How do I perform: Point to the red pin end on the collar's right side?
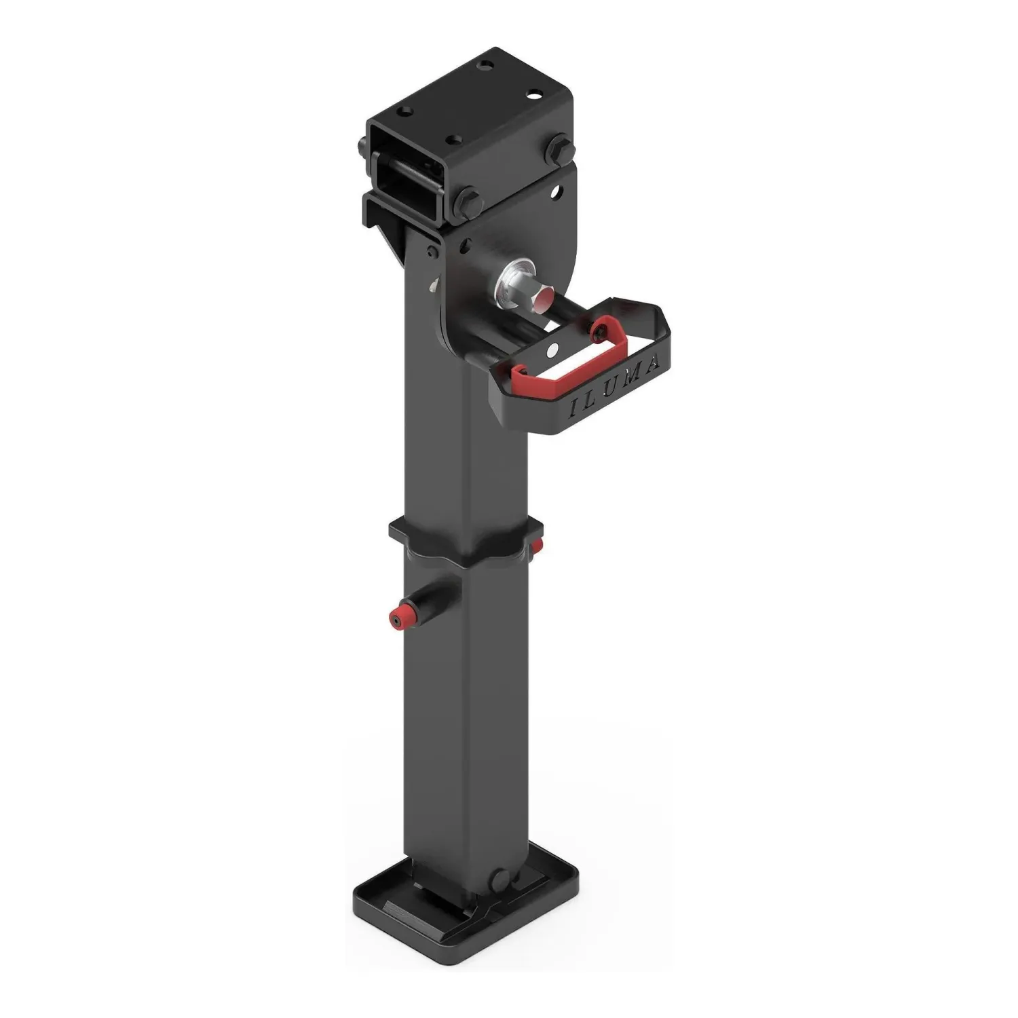point(538,546)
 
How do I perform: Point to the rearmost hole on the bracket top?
point(483,66)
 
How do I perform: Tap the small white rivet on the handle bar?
point(553,350)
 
